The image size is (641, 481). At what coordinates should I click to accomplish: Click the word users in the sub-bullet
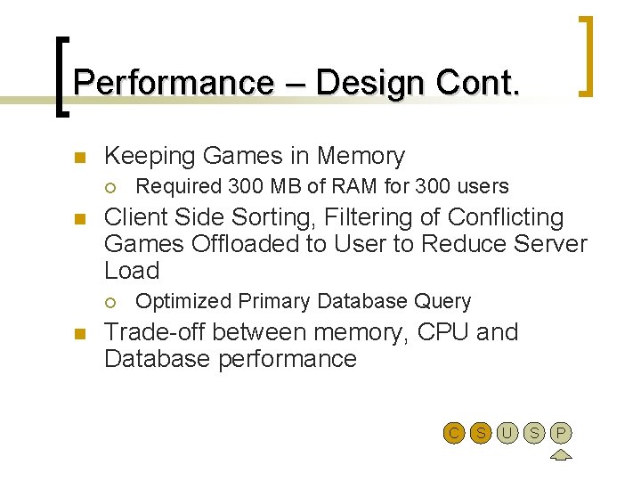[x=483, y=187]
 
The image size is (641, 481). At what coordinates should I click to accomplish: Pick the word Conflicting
[x=506, y=218]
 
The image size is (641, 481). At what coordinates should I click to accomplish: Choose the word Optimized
[x=175, y=301]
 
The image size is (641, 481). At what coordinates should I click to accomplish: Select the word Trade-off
[x=155, y=332]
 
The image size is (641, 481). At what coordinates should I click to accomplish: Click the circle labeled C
[x=454, y=434]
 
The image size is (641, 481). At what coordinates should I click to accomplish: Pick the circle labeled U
[x=507, y=434]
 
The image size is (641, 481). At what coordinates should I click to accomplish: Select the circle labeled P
[x=560, y=434]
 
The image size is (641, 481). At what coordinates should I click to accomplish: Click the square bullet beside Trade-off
[x=78, y=333]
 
